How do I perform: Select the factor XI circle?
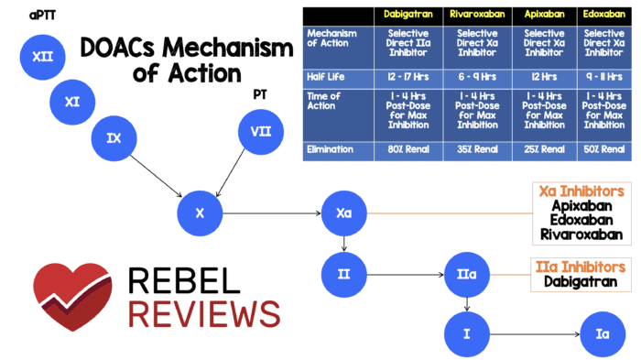click(73, 102)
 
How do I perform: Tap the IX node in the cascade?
click(114, 138)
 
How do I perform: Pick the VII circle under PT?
click(261, 133)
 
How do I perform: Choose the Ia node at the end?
click(602, 334)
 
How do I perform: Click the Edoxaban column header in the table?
click(603, 16)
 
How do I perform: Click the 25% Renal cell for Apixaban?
click(545, 149)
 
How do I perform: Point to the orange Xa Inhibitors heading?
click(581, 191)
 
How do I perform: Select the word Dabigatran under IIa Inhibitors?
click(581, 283)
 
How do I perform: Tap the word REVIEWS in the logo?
click(204, 314)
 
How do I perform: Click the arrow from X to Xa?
click(273, 214)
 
